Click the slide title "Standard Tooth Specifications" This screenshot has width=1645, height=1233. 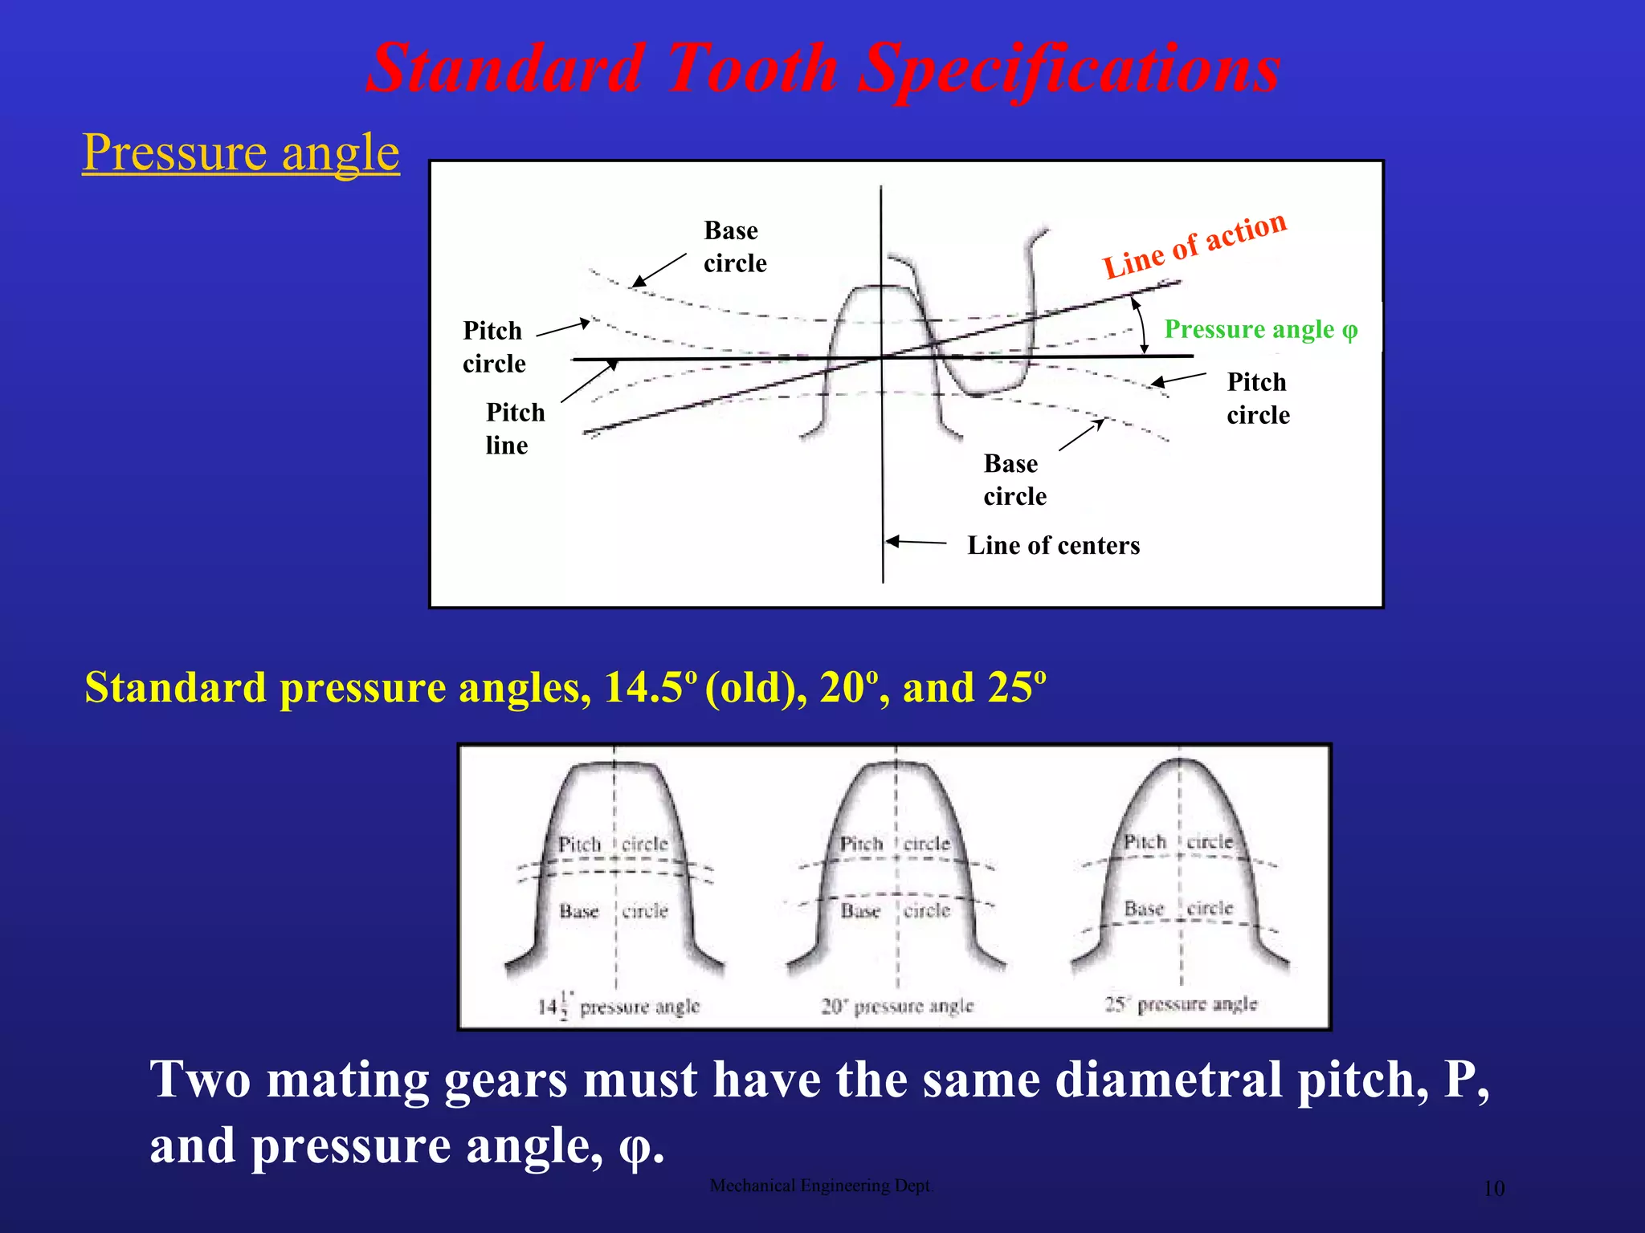tap(822, 69)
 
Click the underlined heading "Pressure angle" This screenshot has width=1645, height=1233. tap(241, 153)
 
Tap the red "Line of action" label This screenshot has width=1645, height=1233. tap(1194, 245)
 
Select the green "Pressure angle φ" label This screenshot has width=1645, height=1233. tap(1260, 330)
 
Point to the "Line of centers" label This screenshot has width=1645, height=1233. tap(1053, 546)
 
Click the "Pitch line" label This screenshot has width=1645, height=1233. tap(515, 429)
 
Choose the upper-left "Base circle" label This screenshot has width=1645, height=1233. tap(734, 246)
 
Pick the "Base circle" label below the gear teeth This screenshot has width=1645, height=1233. tap(1014, 480)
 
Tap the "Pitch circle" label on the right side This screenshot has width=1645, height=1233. tap(1258, 398)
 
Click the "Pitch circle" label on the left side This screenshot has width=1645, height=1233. tap(493, 347)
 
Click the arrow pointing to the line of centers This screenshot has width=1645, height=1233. tap(916, 542)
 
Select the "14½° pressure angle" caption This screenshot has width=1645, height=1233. tap(618, 1006)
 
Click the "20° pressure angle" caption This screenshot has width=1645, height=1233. tap(896, 1006)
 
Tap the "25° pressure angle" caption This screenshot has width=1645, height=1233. tap(1180, 1004)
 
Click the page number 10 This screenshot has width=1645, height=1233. tap(1493, 1189)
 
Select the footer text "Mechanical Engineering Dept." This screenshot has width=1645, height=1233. tap(822, 1186)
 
